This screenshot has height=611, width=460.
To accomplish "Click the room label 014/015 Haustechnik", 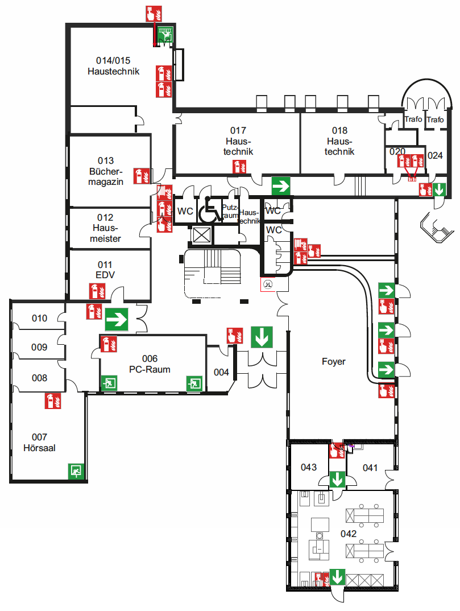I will tap(113, 66).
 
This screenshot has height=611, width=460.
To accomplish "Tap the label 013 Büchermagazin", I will tap(106, 171).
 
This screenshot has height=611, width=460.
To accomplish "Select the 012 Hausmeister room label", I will tap(105, 228).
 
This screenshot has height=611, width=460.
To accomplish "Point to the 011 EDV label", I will tap(105, 270).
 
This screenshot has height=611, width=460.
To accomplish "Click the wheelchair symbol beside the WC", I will tap(210, 210).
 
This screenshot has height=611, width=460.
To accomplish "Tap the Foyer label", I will tap(334, 361).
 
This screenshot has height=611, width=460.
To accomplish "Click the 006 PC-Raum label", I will tap(150, 364).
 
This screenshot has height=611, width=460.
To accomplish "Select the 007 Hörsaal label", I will tap(39, 442).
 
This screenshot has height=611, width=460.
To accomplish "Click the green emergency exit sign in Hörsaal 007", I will tap(76, 471).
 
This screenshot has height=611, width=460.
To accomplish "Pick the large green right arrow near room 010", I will tap(116, 319).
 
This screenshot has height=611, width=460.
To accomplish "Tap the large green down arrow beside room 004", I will tap(262, 337).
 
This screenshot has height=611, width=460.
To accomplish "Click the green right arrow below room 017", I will tap(281, 185).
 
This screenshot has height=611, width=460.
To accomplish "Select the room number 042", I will tap(348, 534).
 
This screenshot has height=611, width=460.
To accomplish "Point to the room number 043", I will tap(309, 467).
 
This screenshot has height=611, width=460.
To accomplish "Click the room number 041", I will tap(370, 468).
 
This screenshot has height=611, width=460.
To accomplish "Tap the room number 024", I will tap(435, 155).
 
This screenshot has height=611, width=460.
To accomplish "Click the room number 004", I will tap(221, 372).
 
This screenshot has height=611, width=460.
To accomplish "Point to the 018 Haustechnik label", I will tap(341, 141).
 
